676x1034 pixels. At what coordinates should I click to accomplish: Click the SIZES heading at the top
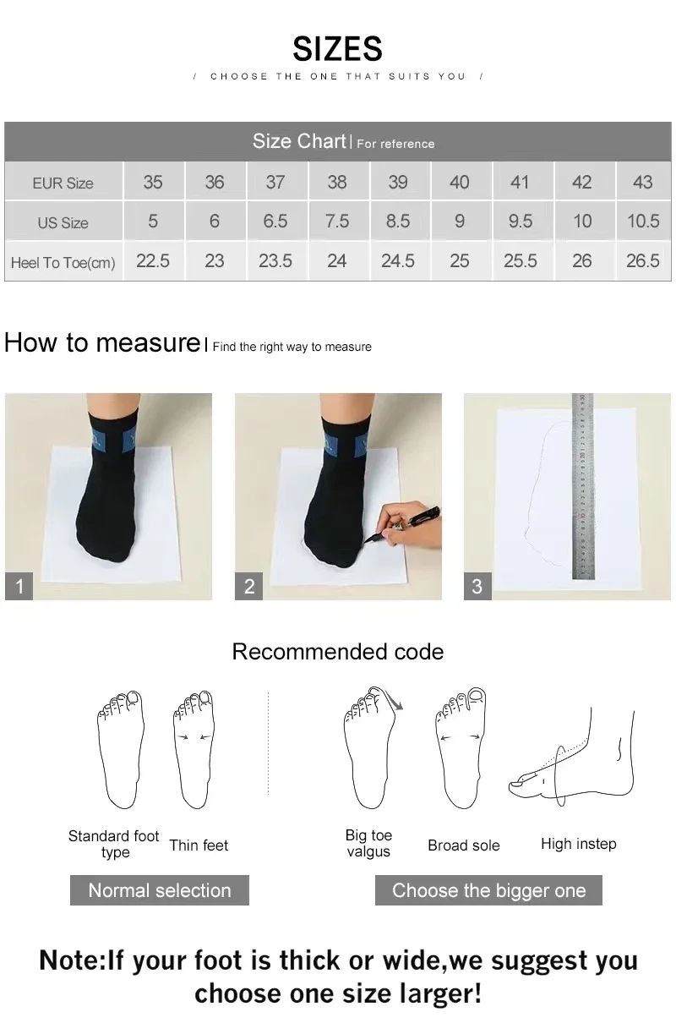click(x=337, y=49)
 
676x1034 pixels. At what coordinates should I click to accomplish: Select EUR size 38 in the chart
click(x=336, y=182)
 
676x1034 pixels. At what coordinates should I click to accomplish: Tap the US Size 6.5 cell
click(x=275, y=222)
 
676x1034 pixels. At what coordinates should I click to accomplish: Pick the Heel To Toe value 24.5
click(x=397, y=261)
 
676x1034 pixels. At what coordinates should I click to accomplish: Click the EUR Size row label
click(x=63, y=183)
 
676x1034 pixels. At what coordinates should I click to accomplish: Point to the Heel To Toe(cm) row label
click(x=63, y=262)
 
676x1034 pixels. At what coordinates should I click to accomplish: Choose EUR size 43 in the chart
click(x=642, y=182)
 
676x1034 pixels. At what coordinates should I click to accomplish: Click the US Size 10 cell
click(x=582, y=222)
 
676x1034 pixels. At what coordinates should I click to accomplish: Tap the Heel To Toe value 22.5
click(x=153, y=261)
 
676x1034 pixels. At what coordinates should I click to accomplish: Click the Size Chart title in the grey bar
click(x=300, y=141)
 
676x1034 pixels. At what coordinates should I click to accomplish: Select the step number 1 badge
click(x=19, y=586)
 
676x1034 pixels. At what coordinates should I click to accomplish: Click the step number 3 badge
click(x=477, y=586)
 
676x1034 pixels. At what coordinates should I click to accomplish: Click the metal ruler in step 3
click(x=583, y=486)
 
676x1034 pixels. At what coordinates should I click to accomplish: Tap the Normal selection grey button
click(x=160, y=890)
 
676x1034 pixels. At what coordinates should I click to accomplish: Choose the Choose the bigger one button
click(x=488, y=890)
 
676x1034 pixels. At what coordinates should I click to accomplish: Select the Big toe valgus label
click(x=368, y=844)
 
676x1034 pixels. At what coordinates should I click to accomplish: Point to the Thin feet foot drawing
click(x=193, y=748)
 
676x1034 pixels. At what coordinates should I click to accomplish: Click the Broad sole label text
click(x=464, y=845)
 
